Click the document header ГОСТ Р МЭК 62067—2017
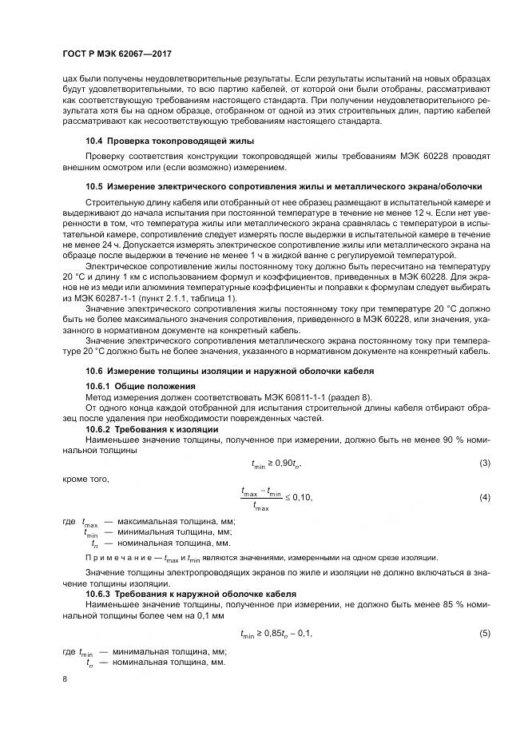(118, 53)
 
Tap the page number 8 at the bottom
(65, 678)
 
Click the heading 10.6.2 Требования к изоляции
(152, 429)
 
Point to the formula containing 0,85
(276, 633)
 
